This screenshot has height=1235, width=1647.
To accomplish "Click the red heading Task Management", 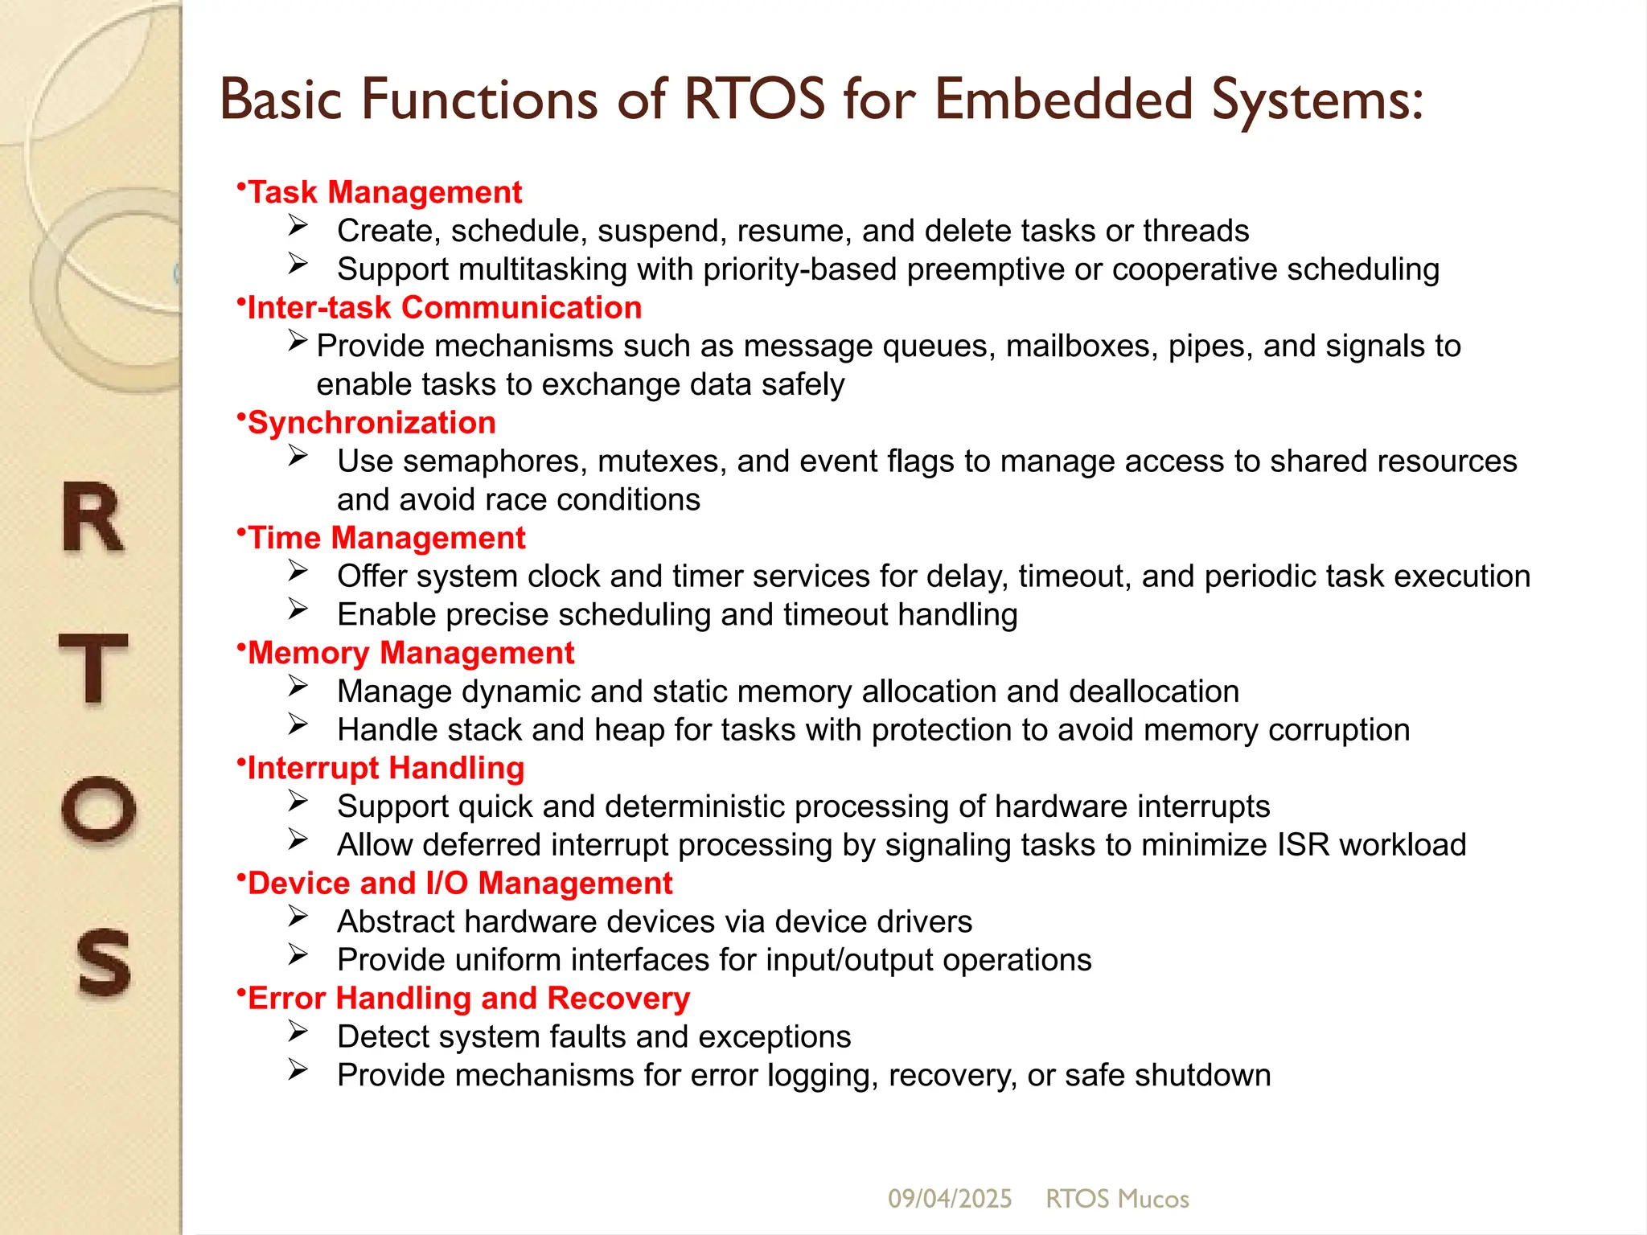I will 384,193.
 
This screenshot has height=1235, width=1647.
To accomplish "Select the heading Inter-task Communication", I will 444,308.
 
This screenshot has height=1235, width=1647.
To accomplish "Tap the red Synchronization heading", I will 371,423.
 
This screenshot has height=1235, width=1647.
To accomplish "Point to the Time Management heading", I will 386,538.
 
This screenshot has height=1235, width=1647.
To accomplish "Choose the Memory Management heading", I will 410,653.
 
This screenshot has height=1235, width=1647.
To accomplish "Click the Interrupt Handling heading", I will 385,768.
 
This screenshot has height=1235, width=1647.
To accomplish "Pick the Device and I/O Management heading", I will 459,883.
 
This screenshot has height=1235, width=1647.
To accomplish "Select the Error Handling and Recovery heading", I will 468,998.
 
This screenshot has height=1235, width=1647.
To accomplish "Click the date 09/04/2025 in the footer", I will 949,1199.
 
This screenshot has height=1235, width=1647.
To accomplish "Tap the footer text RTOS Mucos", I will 1117,1199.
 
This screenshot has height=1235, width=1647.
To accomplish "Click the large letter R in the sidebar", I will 93,519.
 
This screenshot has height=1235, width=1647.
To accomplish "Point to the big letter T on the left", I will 93,667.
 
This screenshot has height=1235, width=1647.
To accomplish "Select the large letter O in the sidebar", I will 98,808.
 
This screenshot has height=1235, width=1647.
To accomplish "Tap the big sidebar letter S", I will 103,962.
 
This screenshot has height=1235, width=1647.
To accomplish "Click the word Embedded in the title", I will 1063,100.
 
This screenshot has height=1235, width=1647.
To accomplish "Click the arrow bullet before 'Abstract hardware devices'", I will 298,917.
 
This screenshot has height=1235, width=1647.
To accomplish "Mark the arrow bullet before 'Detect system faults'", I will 298,1032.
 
